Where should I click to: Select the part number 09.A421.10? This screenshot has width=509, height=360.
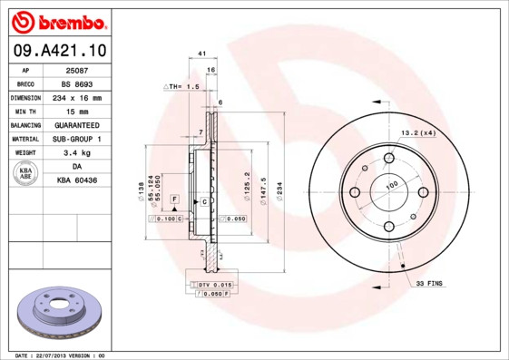(x=59, y=50)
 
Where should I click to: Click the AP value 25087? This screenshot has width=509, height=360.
(x=76, y=70)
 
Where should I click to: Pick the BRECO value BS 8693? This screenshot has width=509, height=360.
(x=76, y=83)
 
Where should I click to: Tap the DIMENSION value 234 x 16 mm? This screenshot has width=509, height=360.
(x=76, y=97)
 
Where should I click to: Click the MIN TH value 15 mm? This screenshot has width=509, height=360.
(x=76, y=111)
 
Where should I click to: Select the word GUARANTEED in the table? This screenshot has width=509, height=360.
(x=76, y=124)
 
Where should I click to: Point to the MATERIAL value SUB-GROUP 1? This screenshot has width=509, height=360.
(x=76, y=139)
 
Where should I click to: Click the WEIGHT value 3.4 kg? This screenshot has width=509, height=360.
(x=76, y=153)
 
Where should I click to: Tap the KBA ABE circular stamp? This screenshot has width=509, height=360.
(x=26, y=173)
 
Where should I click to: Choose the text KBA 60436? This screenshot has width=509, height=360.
(x=76, y=180)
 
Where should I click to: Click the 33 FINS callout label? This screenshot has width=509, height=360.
(x=429, y=284)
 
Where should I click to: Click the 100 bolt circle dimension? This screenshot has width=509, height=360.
(x=392, y=185)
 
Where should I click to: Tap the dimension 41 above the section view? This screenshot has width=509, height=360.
(x=201, y=54)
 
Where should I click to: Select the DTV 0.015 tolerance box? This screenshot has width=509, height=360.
(x=214, y=285)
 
